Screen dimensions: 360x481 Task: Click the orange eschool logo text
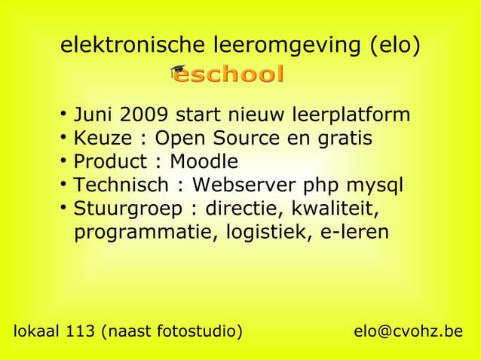click(x=229, y=75)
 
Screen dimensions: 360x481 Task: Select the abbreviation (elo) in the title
click(x=394, y=46)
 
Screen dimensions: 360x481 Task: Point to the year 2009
click(x=146, y=116)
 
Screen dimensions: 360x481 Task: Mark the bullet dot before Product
click(x=63, y=160)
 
